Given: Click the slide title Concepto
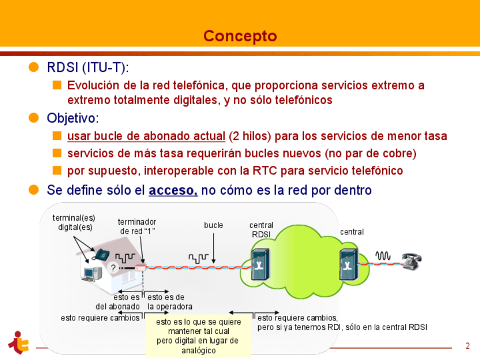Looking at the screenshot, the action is pos(240,36).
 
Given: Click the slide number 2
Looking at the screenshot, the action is pos(468,346).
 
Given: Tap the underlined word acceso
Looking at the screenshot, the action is pos(173,191).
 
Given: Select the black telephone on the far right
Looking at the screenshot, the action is pos(412,259).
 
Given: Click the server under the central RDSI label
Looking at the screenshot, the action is pos(260,264).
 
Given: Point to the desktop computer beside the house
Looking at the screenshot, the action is pos(88,273).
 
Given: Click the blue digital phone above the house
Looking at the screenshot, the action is pos(101,255).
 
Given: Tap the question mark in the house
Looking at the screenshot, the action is pos(113,268).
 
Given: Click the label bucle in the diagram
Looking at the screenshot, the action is pos(213,225).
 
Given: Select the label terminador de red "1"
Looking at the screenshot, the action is pos(137,226).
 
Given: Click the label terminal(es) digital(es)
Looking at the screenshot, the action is pos(74,222).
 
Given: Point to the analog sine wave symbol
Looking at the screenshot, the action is pos(383,256).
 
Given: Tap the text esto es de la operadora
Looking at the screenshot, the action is pos(166,302).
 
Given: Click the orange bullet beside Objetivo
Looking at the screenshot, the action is pos(35,118).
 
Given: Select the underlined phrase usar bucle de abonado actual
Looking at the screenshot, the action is pos(146,136).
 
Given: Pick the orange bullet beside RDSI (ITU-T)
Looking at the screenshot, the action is pos(35,67).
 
